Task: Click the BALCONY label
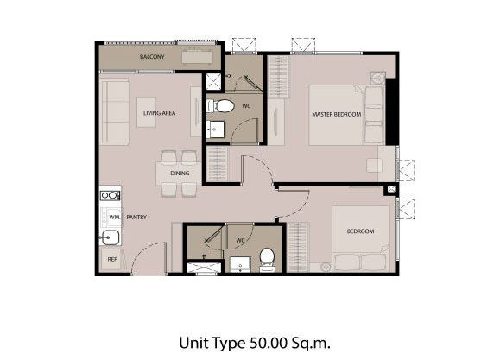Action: pyautogui.click(x=152, y=57)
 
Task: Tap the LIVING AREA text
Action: pyautogui.click(x=159, y=113)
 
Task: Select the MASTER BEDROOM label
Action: pyautogui.click(x=337, y=114)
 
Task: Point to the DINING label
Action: pyautogui.click(x=180, y=174)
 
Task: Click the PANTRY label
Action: pyautogui.click(x=136, y=217)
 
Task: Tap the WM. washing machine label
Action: pyautogui.click(x=115, y=217)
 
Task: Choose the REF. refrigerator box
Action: pyautogui.click(x=111, y=259)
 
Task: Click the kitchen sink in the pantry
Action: pyautogui.click(x=111, y=237)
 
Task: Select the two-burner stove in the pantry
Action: pyautogui.click(x=111, y=195)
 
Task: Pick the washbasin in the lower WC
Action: pyautogui.click(x=240, y=264)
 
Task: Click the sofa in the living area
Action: pyautogui.click(x=115, y=111)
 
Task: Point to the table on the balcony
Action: pyautogui.click(x=197, y=57)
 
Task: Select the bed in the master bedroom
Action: pyautogui.click(x=347, y=115)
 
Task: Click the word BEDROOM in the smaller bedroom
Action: pyautogui.click(x=360, y=231)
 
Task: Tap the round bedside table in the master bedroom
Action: pyautogui.click(x=377, y=79)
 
